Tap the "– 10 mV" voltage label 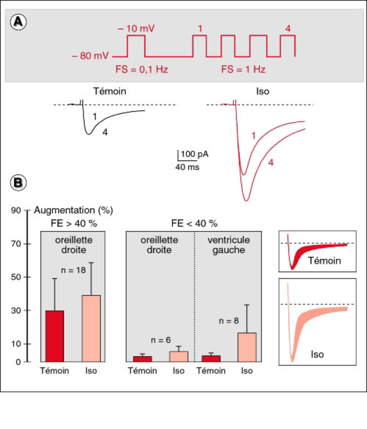coord(136,29)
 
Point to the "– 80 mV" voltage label coord(90,56)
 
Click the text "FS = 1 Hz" coord(243,69)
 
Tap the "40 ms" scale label coord(187,167)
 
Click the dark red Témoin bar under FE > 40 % coord(55,336)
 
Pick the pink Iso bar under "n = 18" coord(91,329)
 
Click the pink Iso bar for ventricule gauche coord(247,347)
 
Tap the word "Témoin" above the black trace coord(110,91)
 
